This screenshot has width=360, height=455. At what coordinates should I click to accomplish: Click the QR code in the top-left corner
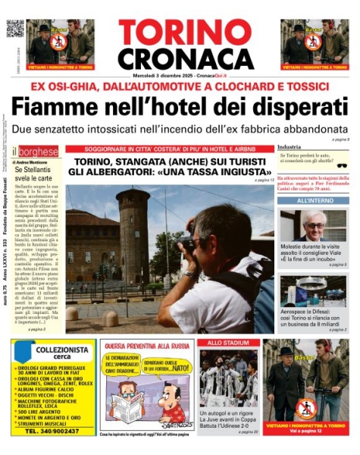15,28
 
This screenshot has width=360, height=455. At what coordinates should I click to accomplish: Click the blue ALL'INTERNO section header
314,201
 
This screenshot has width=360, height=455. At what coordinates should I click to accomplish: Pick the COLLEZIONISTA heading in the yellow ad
63,350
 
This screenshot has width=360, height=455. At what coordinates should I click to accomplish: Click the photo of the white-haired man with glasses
313,225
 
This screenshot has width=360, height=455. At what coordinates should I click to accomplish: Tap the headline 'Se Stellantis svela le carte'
31,174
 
